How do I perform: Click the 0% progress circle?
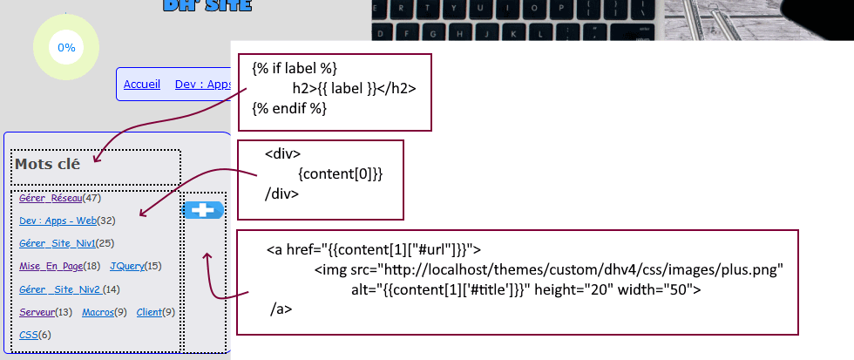[x=66, y=48]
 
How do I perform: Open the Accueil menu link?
[x=142, y=85]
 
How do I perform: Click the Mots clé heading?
[x=47, y=163]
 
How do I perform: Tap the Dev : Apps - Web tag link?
[x=58, y=221]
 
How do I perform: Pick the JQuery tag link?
[x=127, y=266]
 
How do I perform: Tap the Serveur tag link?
[x=37, y=312]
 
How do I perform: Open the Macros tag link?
[x=98, y=312]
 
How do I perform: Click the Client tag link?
[x=149, y=312]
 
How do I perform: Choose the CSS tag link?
[x=28, y=335]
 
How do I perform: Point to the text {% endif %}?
[x=289, y=108]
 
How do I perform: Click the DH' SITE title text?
[x=207, y=5]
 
